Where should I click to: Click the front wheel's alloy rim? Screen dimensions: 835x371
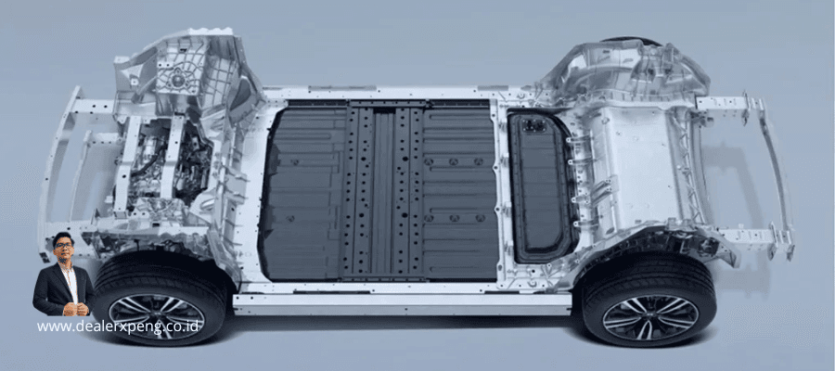157,316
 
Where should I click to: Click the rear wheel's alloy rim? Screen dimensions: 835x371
650,318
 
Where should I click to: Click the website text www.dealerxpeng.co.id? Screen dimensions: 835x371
118,326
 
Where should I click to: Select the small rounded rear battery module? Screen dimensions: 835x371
541,187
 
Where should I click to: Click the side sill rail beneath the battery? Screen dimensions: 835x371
402,303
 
